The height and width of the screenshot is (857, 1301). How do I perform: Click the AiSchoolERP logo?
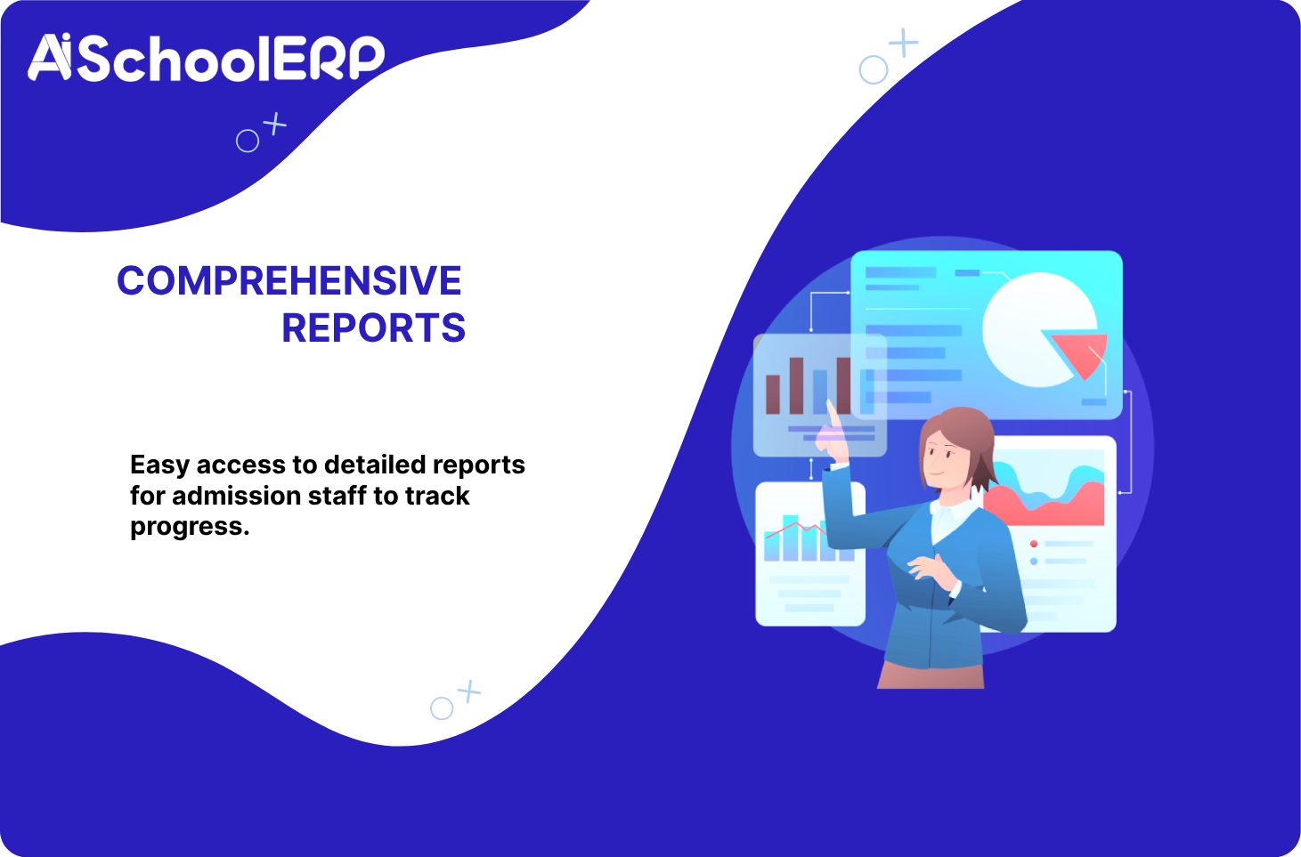tap(207, 58)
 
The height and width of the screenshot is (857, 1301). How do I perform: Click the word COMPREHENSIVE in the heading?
tap(289, 280)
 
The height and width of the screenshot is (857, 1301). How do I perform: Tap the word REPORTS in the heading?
tap(373, 328)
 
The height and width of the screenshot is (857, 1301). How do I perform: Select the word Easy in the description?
tap(159, 465)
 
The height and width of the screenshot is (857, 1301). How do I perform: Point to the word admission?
tap(236, 496)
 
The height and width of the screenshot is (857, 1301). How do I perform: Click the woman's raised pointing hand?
tap(832, 434)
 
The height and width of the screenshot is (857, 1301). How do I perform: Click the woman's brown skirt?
tap(931, 675)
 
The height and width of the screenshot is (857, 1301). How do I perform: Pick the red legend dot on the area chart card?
tap(1034, 544)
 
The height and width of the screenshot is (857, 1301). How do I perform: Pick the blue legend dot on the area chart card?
tap(1034, 562)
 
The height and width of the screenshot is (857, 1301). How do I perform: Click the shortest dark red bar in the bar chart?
tap(773, 394)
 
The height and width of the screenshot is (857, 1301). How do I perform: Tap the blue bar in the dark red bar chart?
tap(820, 392)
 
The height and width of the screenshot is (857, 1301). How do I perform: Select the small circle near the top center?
tap(874, 70)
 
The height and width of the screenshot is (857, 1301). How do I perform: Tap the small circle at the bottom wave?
tap(442, 708)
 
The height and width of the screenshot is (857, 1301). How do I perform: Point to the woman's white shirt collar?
tap(953, 511)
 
